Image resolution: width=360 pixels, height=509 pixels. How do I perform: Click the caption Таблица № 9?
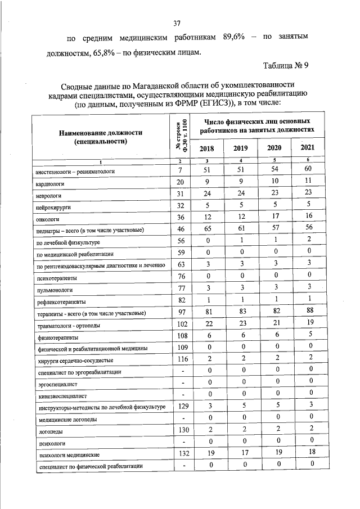(x=286, y=65)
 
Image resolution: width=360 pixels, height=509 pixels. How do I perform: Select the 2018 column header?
(x=206, y=148)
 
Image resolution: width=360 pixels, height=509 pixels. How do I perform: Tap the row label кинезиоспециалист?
(x=63, y=396)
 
